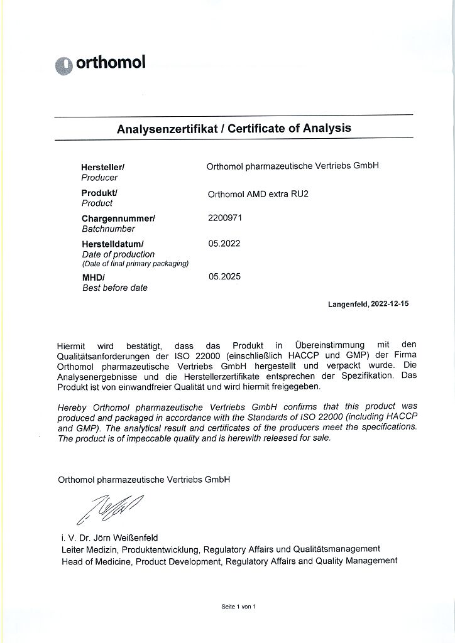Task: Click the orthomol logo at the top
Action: click(101, 63)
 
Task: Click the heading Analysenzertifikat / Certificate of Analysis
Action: click(234, 128)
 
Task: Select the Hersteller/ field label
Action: click(103, 168)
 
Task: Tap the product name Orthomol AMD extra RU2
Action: click(258, 194)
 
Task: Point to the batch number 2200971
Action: click(224, 218)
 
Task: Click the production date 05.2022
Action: click(224, 243)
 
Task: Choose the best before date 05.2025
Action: click(224, 276)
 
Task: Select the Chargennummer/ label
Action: click(118, 219)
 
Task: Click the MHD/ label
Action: click(94, 277)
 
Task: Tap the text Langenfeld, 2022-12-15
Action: click(368, 304)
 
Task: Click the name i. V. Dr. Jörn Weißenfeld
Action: click(110, 538)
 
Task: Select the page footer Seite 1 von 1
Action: click(239, 607)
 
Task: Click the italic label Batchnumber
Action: click(108, 229)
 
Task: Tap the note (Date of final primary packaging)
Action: click(135, 264)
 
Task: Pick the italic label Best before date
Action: click(115, 288)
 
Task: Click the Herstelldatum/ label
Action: click(113, 244)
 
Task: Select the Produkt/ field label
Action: click(100, 193)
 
